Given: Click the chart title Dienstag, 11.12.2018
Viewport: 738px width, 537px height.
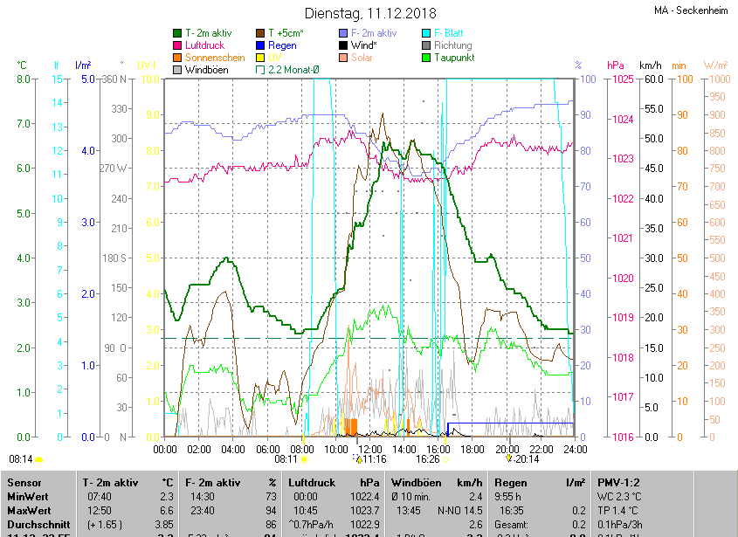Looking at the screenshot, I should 370,13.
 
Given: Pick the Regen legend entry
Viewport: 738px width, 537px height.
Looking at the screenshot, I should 282,45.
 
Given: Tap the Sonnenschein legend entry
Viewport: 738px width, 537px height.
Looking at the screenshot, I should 214,57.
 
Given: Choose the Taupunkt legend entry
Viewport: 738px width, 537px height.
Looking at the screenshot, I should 453,57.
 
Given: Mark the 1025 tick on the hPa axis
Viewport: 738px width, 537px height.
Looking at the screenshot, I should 622,79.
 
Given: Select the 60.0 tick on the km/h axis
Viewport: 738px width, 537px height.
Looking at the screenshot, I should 652,79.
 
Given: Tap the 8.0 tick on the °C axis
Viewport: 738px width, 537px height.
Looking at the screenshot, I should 23,79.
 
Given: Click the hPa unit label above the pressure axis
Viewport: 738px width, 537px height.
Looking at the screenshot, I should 615,65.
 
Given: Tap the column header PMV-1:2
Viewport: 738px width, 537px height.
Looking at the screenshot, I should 619,482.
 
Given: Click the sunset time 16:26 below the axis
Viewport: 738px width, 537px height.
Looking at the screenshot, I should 427,458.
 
